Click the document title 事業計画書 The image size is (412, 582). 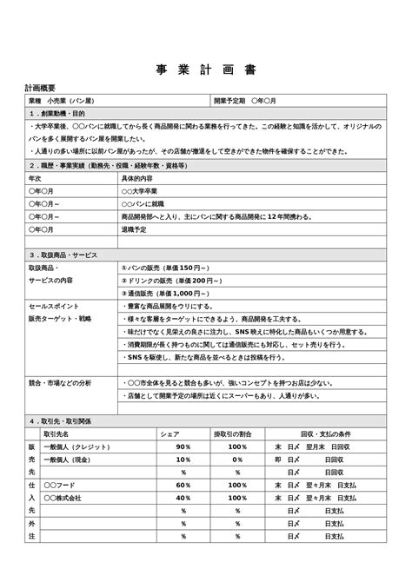[206, 70]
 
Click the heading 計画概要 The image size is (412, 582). [41, 89]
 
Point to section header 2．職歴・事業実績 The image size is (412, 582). [105, 165]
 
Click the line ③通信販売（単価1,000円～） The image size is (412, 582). [169, 294]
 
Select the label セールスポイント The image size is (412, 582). [55, 307]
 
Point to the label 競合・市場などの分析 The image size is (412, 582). [60, 382]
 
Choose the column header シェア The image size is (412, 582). [171, 433]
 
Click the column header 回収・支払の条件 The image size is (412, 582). [325, 433]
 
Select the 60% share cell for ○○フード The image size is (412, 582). [183, 485]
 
